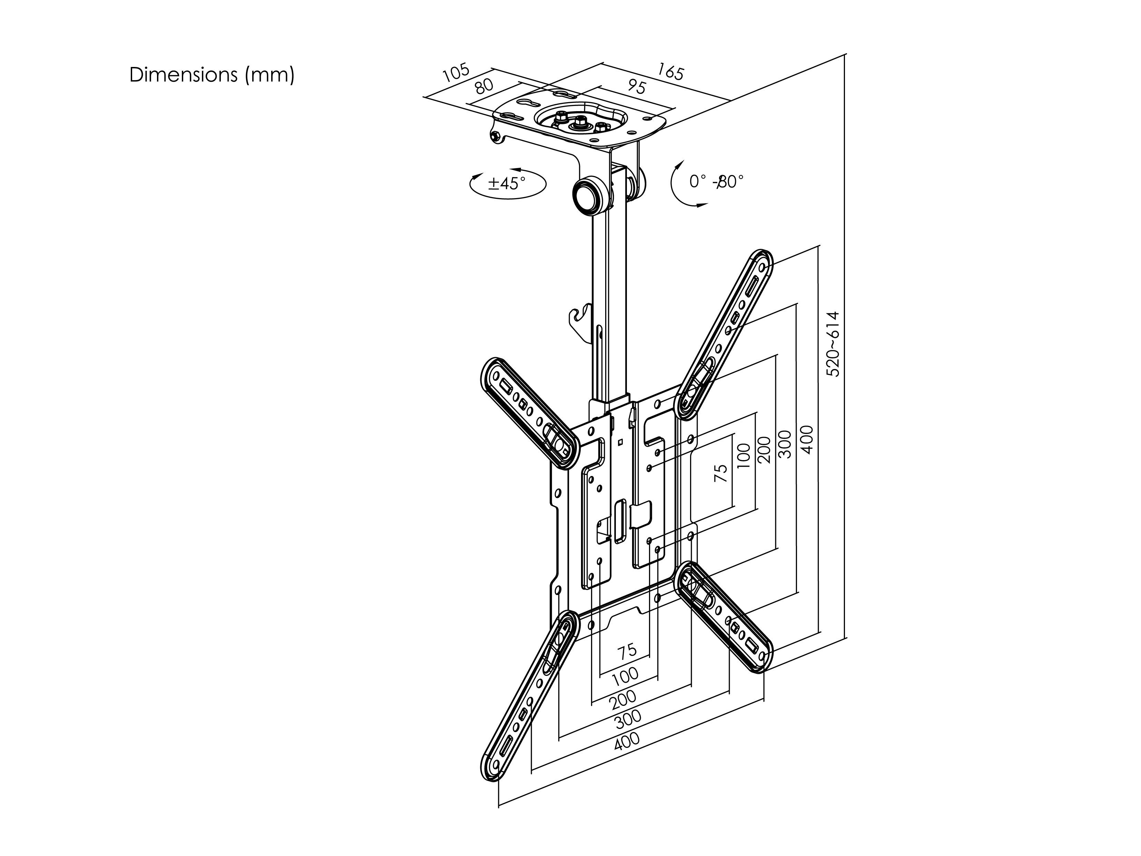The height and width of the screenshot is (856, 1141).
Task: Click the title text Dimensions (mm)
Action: tap(212, 75)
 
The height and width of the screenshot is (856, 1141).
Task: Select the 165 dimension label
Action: tap(671, 72)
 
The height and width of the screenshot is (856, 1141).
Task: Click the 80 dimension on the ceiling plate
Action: tap(484, 86)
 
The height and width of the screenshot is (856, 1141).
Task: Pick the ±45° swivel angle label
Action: tap(507, 183)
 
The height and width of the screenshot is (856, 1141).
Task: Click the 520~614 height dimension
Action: tap(834, 344)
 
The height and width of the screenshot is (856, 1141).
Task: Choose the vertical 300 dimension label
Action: tap(785, 444)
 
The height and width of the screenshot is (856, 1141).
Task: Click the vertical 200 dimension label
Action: tap(765, 450)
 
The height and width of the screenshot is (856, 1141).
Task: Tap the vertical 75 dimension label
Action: tap(721, 473)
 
